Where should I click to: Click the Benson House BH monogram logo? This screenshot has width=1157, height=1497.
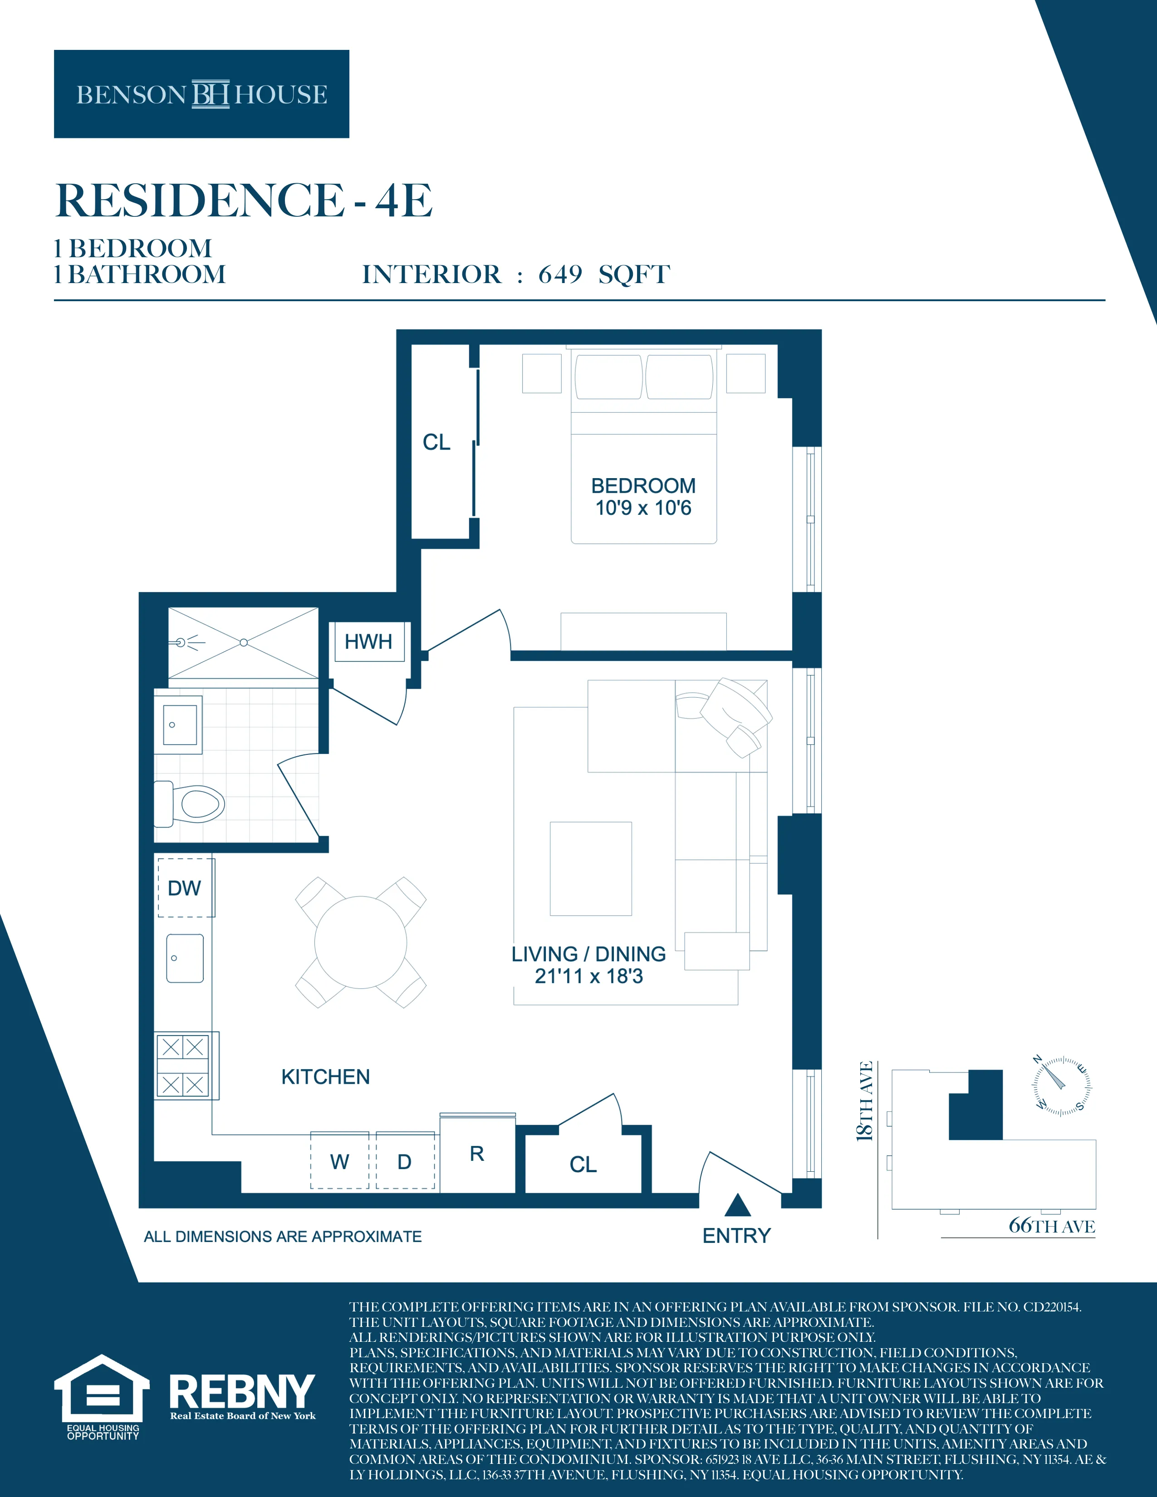[211, 94]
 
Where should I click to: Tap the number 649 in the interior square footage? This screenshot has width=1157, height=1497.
[560, 275]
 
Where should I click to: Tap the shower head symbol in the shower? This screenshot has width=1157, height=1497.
[181, 642]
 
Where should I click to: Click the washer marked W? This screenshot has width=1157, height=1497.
[339, 1161]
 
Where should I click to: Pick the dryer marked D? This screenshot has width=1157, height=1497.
[404, 1161]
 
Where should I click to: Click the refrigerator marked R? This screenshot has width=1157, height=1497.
[477, 1155]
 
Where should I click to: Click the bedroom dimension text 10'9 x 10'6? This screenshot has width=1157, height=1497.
[643, 508]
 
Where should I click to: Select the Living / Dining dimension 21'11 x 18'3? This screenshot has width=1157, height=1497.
[589, 976]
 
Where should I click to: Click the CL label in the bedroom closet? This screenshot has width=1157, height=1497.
[436, 442]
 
